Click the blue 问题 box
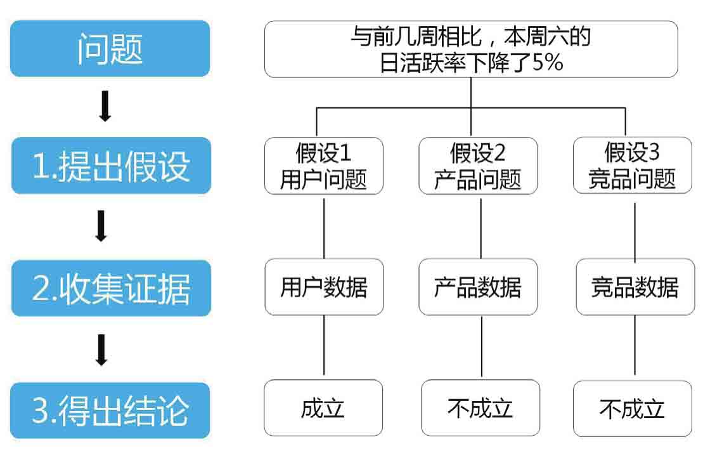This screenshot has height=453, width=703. tap(110, 48)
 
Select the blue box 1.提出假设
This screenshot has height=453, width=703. tap(111, 166)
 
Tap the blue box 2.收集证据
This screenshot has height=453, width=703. tap(111, 288)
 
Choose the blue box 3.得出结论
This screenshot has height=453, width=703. tap(110, 410)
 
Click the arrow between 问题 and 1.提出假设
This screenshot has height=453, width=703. tap(105, 106)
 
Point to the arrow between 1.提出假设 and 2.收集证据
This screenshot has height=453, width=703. tap(101, 226)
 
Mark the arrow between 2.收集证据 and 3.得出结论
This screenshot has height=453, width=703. tap(101, 350)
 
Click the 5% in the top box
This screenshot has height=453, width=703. tap(548, 62)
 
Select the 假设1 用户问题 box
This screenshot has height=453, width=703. tap(324, 166)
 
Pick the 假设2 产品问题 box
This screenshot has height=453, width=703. tap(478, 166)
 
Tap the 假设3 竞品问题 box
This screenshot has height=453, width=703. tap(633, 165)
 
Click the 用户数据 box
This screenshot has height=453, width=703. tap(324, 287)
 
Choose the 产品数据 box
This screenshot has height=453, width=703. tap(478, 287)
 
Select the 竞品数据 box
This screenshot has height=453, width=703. tap(635, 287)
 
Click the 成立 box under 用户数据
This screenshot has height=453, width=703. tap(323, 408)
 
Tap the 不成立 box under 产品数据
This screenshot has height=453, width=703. tap(480, 408)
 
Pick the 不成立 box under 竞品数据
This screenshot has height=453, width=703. tap(633, 409)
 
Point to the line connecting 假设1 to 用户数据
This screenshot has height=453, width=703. tap(324, 228)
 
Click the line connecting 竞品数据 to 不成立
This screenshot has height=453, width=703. tap(635, 345)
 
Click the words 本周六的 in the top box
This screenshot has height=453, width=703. tap(548, 36)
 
